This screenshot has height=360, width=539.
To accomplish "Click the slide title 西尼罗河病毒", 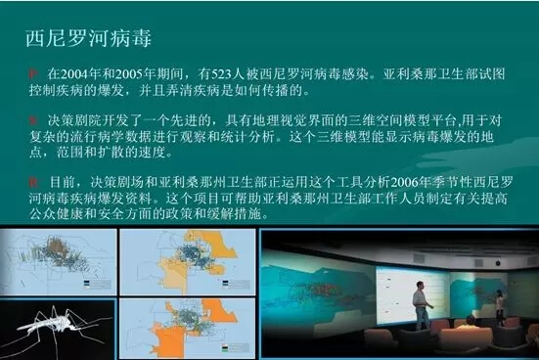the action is click(88, 38).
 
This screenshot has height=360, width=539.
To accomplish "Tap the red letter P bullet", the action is click(33, 73).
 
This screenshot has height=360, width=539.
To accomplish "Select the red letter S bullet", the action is click(33, 120).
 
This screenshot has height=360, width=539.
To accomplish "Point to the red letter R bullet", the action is click(33, 182).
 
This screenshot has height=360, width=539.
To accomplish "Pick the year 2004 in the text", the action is click(74, 74).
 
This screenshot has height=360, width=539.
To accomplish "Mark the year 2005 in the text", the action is click(128, 74).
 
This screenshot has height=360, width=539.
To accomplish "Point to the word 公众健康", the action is click(57, 214).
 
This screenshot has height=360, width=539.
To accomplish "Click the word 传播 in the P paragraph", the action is click(275, 90).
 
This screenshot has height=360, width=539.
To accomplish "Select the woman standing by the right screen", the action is click(500, 307).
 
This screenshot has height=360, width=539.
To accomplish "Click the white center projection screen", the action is click(412, 295).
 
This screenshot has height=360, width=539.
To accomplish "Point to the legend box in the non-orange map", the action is click(97, 285).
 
